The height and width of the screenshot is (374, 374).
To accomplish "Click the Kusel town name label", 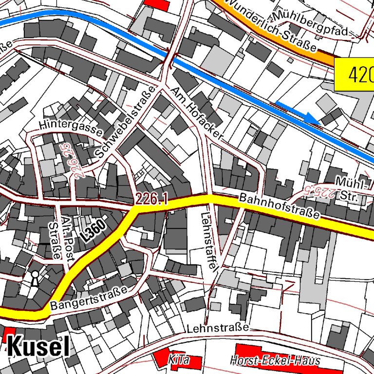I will tap(37, 347).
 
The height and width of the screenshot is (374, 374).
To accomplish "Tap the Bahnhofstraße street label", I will tap(280, 206).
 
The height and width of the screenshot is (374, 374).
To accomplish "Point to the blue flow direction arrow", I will tap(298, 112).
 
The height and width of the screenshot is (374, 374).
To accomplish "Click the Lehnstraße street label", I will tap(218, 328).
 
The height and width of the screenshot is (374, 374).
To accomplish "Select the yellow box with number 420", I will tap(355, 75).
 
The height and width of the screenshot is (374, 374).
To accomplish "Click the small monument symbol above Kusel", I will tap(35, 278).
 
